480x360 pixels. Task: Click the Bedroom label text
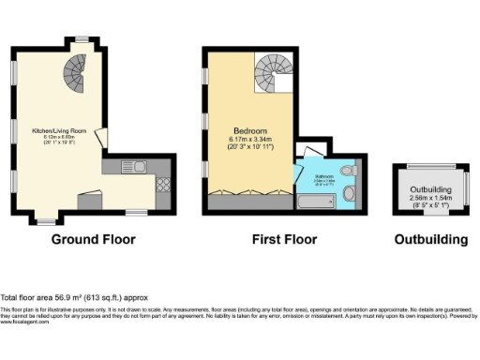[x=250, y=130]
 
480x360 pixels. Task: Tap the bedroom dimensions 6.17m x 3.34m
[x=250, y=141]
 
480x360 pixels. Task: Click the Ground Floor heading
[x=93, y=239]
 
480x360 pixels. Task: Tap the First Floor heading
[x=283, y=239]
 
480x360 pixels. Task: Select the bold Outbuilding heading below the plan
[x=430, y=239]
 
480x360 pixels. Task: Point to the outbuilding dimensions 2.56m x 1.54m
[x=430, y=199]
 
